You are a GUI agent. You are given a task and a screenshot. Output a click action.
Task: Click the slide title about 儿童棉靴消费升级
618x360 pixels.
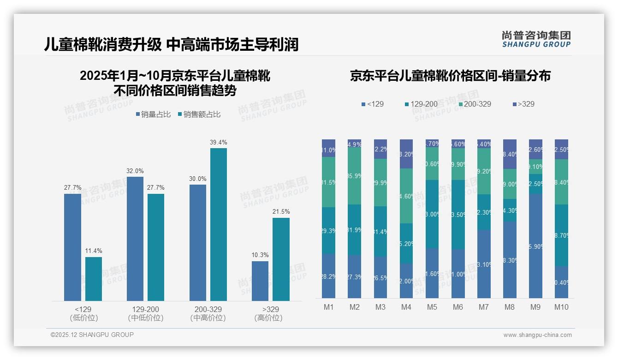coord(171,44)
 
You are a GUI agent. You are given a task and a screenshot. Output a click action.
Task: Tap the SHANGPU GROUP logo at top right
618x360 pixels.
coord(536,39)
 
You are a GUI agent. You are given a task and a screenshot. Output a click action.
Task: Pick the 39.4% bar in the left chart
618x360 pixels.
coord(219,224)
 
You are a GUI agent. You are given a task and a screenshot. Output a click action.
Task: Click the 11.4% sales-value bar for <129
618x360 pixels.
coord(94,279)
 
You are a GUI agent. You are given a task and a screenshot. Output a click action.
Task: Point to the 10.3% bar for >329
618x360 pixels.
coord(260,281)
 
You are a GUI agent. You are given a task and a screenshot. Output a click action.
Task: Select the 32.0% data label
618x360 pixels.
coord(135,171)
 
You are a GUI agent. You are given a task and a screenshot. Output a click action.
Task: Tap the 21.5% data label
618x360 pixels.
coord(281,211)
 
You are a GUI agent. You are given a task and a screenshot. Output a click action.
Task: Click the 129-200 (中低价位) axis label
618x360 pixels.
coord(146,313)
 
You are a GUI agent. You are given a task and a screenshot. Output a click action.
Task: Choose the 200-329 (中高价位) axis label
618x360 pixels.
coord(208,313)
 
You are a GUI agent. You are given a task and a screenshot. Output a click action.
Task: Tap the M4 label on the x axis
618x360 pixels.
coord(406,307)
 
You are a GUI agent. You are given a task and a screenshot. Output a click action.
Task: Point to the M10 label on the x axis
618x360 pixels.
coord(561,307)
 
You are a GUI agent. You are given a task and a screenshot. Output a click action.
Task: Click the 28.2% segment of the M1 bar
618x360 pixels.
coord(329,276)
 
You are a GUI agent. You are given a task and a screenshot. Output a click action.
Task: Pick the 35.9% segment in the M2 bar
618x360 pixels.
coord(355,176)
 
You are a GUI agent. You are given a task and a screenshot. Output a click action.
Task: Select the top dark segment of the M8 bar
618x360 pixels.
coord(510,154)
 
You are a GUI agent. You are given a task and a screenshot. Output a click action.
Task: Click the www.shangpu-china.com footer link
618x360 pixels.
coord(537,335)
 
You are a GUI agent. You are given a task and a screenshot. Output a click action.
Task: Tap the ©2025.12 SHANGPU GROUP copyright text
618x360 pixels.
coord(92,335)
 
